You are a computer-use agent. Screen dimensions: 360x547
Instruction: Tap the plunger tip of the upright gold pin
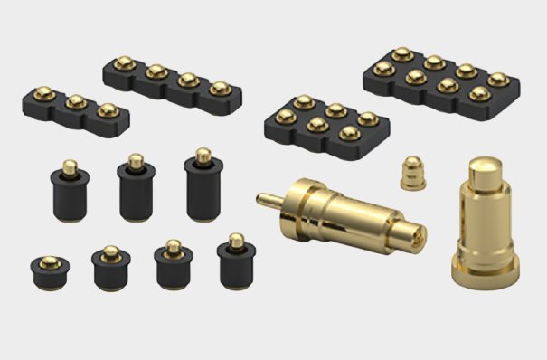pyautogui.click(x=482, y=169)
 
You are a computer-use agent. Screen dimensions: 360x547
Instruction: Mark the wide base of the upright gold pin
pyautogui.click(x=486, y=269)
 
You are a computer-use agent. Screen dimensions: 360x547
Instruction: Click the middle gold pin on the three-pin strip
pyautogui.click(x=76, y=101)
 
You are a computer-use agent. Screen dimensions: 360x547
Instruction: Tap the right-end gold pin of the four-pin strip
pyautogui.click(x=219, y=89)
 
